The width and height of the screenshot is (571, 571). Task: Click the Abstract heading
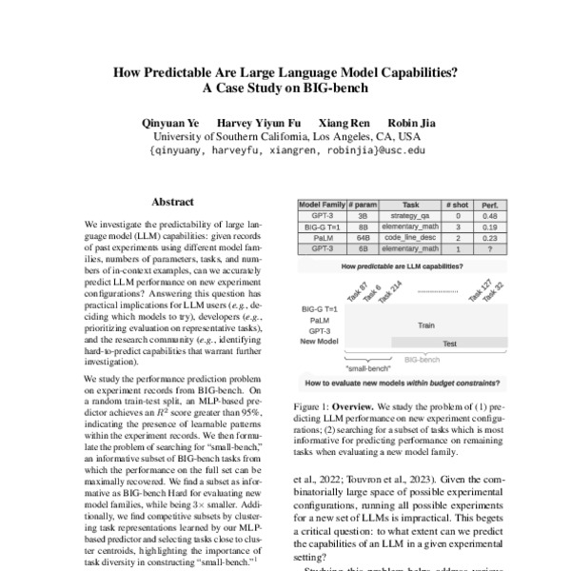[172, 202]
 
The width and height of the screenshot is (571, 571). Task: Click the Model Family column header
[323, 205]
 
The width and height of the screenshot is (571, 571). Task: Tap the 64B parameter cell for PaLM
[364, 238]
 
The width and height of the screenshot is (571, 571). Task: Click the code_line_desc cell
[409, 238]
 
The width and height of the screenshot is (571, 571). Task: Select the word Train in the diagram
[425, 325]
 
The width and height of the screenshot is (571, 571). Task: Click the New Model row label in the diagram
[320, 340]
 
